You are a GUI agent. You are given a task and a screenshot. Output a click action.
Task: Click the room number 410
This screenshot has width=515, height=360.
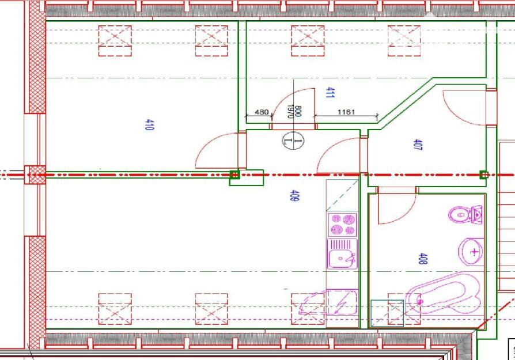pos(149,125)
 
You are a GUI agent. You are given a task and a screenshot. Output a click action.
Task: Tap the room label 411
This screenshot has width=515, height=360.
pos(330,93)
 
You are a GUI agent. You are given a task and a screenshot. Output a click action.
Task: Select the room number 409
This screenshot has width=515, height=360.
pos(294,195)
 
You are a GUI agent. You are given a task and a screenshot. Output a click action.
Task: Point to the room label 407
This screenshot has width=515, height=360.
pos(418,145)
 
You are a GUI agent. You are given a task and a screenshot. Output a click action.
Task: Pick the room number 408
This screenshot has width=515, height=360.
pos(423,259)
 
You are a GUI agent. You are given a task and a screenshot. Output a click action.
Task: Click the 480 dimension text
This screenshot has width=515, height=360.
pos(262,112)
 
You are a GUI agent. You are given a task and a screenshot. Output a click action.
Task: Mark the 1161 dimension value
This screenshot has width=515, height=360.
pos(346,112)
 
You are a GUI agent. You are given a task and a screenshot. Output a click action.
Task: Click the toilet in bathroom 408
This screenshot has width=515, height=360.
pos(465,214)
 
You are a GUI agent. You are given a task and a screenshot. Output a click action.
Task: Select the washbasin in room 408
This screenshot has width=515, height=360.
pos(471,252)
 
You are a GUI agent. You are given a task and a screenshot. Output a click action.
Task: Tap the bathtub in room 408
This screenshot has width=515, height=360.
pos(444,294)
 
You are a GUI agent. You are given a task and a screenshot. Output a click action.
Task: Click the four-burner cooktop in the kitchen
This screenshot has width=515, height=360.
pos(343,224)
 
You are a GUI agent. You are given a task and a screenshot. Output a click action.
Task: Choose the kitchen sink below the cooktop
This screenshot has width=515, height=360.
pos(342,254)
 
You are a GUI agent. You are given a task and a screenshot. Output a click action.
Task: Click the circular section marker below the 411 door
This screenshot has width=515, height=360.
pos(293,141)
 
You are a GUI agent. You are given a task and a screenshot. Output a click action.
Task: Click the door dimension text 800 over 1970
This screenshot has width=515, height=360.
pos(294,111)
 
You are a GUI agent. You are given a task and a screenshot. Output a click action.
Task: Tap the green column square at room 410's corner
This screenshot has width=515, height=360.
pos(235,175)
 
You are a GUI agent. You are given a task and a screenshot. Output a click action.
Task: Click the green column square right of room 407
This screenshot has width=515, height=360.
pos(484,175)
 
